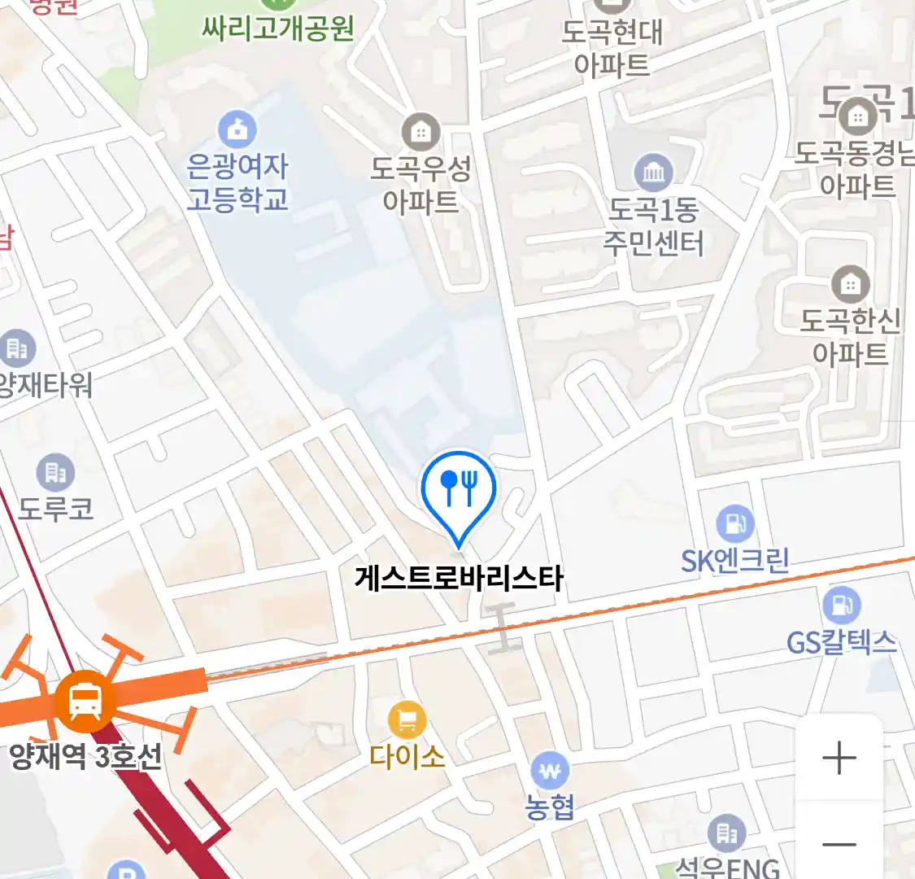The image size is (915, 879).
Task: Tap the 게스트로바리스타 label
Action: pos(459,579)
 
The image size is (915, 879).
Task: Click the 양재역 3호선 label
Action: pos(85,758)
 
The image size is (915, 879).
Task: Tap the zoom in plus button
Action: pos(839,759)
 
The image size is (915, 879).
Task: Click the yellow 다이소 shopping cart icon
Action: pos(407,719)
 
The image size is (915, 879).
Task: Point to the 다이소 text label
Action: pos(407,758)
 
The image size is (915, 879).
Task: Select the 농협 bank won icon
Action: pos(550,770)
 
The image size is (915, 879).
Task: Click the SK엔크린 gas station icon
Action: pos(734,523)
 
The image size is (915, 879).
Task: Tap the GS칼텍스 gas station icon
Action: pos(841,606)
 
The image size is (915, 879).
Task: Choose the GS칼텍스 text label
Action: pos(841,643)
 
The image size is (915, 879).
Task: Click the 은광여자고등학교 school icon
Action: pos(237,129)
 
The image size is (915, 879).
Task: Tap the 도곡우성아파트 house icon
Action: pos(420,131)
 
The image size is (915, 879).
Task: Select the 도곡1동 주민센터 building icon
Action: pos(653,172)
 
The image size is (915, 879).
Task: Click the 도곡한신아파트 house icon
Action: pos(850,284)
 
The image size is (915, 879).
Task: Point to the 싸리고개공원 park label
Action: pos(277,28)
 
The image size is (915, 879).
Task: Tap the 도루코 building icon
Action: pos(55,471)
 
